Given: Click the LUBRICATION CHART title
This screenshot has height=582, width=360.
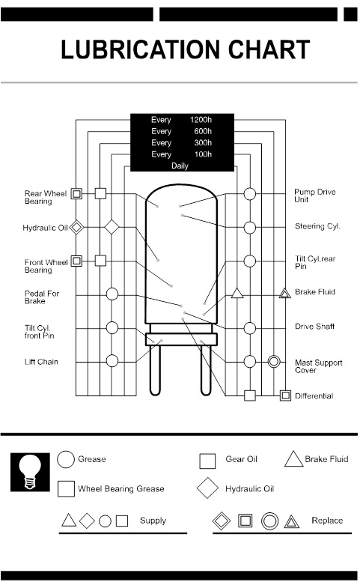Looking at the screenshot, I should pos(185,49).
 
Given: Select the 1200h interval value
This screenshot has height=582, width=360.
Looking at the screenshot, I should pos(201,120).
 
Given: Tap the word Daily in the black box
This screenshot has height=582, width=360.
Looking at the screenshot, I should pos(180,166).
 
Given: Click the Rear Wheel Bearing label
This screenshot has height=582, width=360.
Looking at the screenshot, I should pos(46,197).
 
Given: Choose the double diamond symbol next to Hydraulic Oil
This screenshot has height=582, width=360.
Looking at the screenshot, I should pos(76,227).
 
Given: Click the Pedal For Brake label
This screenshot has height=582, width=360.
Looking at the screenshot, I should pos(42,297).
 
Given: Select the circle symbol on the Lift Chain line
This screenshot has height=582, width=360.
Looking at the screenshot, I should pos(112,361).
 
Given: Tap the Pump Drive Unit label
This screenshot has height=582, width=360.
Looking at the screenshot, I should pos(314,196).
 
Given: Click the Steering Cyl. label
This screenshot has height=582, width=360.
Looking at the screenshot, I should pos(317,226).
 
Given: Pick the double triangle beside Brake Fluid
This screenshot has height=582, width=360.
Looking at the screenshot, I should pos(284,293).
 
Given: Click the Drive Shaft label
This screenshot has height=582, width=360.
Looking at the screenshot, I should pos(314,327).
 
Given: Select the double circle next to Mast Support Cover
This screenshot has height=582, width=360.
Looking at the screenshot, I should pos(274,361).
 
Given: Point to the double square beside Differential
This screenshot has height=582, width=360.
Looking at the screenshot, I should pos(284,395).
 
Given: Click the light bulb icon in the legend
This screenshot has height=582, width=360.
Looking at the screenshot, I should pos(31,472).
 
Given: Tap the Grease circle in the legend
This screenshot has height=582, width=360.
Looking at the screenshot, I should pos(66,460).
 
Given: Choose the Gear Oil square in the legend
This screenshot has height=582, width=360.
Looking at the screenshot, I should pos(207,461).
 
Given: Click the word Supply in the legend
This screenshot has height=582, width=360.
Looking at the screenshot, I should pos(153,521).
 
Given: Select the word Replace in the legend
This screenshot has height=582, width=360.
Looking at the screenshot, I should pos(327,521).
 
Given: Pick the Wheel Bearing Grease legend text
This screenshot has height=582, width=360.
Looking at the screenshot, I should pos(121,489).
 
